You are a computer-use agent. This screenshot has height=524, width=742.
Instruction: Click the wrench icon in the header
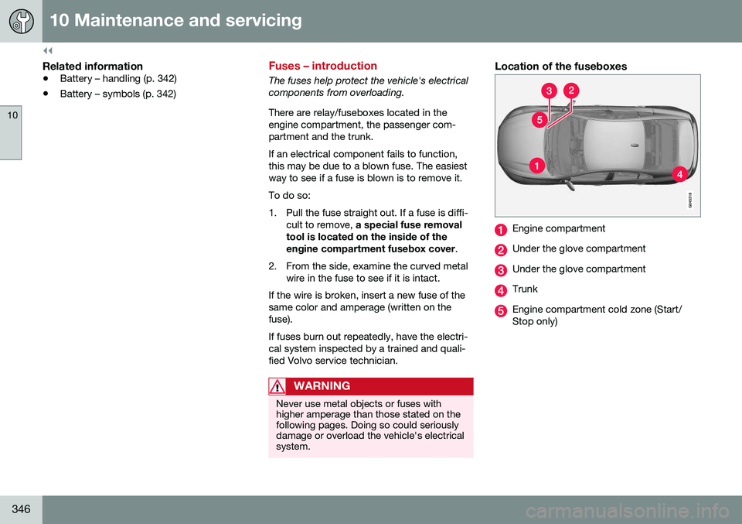[22, 22]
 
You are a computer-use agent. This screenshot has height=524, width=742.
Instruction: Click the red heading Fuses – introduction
[323, 66]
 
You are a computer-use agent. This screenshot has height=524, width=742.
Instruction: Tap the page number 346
[22, 509]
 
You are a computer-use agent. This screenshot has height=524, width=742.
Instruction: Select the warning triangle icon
[277, 386]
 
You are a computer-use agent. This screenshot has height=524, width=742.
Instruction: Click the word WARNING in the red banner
[322, 386]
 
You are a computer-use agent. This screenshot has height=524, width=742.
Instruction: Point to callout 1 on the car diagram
[536, 166]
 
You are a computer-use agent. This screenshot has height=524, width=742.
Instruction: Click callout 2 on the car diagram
[571, 91]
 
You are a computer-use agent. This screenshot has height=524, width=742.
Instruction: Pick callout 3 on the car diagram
[549, 91]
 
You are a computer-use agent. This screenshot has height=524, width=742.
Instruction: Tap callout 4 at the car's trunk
[679, 174]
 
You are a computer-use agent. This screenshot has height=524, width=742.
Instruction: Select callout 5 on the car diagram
[539, 120]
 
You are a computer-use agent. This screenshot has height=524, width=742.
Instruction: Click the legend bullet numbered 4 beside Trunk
[501, 290]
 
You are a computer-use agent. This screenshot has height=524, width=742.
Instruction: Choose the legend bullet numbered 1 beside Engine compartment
[501, 229]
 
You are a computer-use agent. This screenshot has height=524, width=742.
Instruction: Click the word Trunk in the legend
[525, 289]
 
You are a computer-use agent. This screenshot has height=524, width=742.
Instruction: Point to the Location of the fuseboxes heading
[561, 67]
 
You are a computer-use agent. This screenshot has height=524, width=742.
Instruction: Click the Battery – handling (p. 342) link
[118, 79]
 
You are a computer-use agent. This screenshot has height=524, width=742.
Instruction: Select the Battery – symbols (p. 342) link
[118, 94]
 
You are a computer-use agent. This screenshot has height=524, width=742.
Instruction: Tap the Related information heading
[93, 67]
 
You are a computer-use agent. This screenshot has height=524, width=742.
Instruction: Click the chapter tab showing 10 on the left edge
[11, 132]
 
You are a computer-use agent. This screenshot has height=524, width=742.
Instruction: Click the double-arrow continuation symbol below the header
[48, 50]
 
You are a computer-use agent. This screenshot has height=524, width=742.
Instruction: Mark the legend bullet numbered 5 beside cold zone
[501, 310]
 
